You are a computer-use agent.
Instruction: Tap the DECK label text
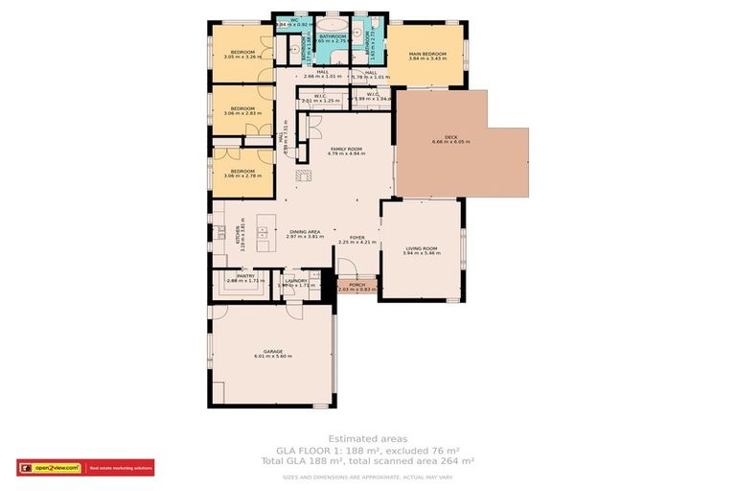(x=436, y=137)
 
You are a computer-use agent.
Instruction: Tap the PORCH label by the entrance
(x=357, y=285)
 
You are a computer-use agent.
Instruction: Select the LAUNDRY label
(x=295, y=281)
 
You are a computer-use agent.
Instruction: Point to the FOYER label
(x=356, y=238)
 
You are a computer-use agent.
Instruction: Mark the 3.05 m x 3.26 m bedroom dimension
(x=241, y=57)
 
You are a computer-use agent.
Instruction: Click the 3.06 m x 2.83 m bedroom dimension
(x=241, y=113)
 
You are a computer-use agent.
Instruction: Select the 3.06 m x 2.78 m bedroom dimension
(x=241, y=175)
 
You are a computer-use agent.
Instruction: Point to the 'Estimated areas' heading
(x=368, y=438)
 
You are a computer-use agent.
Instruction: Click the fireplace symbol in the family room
(x=304, y=175)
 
